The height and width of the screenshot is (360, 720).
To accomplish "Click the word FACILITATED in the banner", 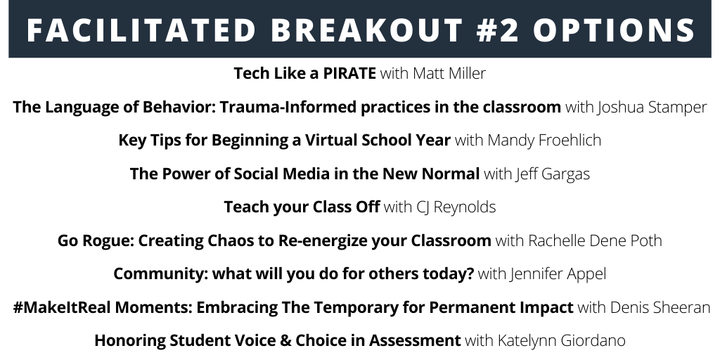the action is (141, 30).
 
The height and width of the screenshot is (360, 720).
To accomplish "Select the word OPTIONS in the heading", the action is (614, 30).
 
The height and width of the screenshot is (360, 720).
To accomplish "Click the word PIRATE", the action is (349, 73).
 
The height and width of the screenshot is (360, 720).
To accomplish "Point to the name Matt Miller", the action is (449, 73).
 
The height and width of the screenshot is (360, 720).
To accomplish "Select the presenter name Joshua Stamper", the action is (652, 107).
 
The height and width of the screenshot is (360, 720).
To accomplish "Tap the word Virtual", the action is (332, 140).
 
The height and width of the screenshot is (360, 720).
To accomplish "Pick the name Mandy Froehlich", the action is (544, 140).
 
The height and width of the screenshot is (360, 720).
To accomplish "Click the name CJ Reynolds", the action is (456, 207).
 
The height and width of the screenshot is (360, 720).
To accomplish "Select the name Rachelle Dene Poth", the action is (595, 240).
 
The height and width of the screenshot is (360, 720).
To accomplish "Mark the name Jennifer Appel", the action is (558, 274).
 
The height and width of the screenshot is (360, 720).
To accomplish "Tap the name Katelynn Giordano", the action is (561, 341).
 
